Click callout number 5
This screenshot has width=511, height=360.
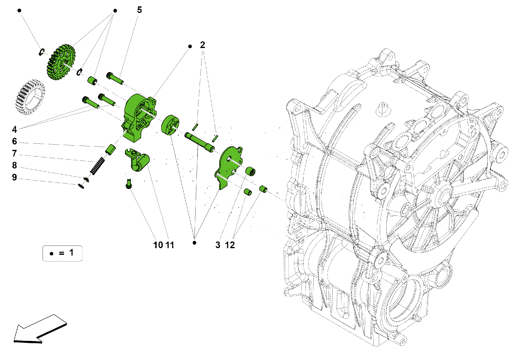tap(139, 10)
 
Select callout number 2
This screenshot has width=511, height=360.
tap(202, 45)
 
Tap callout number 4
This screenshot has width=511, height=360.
tap(14, 129)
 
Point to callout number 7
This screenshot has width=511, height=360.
tap(14, 153)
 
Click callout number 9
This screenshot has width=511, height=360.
tap(14, 177)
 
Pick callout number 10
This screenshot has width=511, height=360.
tap(158, 245)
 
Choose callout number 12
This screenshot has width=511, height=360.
tap(230, 245)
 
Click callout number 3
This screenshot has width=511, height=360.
tap(218, 245)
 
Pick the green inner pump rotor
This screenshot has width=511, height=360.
tap(170, 125)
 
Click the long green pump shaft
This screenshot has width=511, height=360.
tap(200, 142)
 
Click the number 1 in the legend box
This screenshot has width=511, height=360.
tap(71, 253)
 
